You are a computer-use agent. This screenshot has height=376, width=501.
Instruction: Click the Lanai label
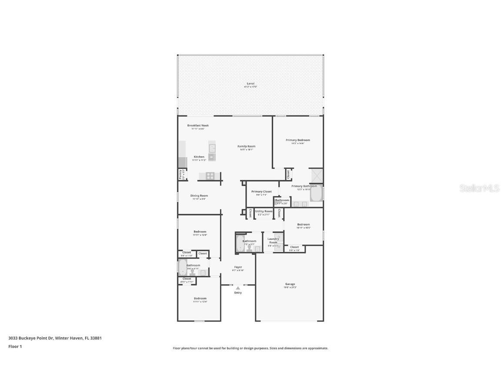250,84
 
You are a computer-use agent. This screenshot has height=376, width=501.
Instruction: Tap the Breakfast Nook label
198,125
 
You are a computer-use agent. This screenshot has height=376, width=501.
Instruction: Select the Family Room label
246,146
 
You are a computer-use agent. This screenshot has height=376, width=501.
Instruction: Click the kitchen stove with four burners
210,176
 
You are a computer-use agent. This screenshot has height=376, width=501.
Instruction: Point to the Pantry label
180,174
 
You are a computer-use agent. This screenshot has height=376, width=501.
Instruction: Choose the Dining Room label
199,196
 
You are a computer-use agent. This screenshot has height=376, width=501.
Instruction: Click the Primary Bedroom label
297,140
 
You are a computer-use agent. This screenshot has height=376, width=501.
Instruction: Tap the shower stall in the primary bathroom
316,176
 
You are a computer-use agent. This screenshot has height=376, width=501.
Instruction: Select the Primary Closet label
261,191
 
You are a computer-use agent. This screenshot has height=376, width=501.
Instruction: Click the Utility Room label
264,211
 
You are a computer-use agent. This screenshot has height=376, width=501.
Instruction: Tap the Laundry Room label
273,240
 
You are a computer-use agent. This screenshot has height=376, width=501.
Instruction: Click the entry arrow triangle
237,288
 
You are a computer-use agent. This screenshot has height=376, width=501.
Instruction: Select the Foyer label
238,267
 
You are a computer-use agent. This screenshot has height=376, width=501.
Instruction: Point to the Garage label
290,284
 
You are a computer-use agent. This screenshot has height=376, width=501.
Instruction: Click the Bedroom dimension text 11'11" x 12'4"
200,302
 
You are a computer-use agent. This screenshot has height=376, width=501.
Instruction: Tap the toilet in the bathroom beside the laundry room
250,248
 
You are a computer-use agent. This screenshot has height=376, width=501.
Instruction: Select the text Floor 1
15,346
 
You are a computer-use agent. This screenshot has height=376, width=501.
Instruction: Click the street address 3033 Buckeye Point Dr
30,338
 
